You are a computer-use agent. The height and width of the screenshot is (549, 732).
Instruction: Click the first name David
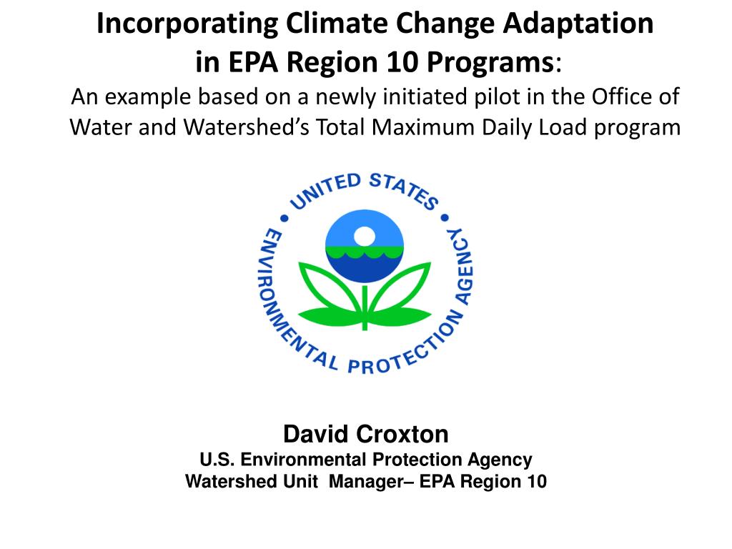click(317, 434)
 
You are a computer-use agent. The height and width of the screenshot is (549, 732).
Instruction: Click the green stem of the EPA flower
click(365, 307)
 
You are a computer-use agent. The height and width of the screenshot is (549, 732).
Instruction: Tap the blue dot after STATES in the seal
click(445, 217)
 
